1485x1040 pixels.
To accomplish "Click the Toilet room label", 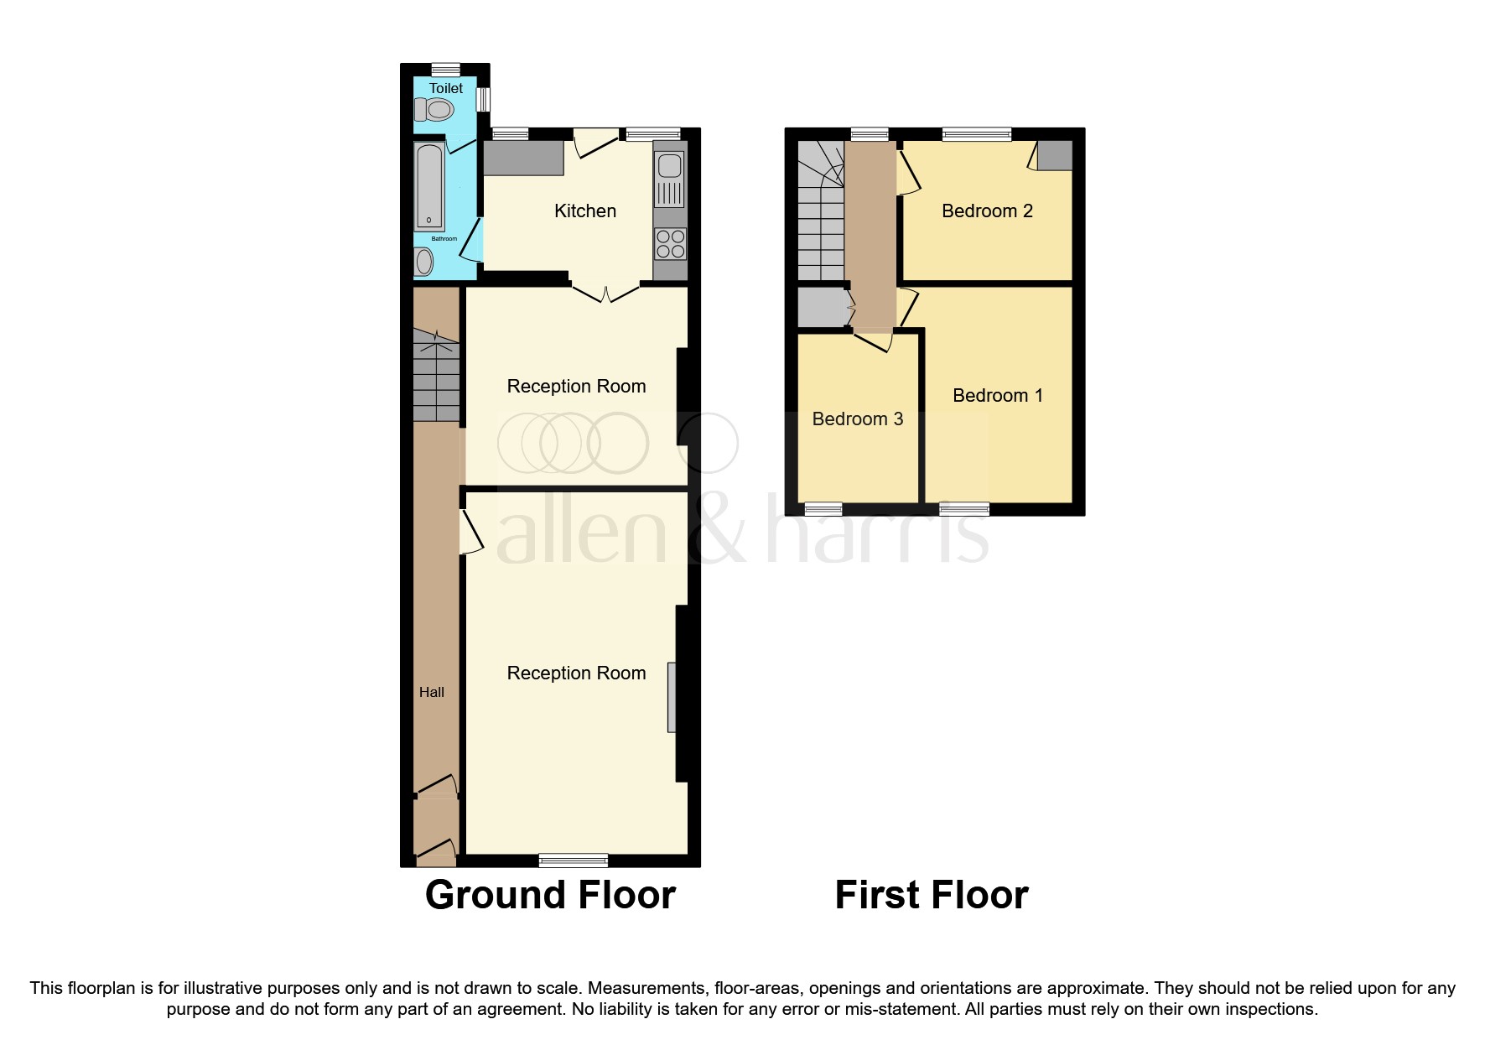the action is pos(446,88).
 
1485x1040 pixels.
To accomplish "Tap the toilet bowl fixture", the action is pos(434,109).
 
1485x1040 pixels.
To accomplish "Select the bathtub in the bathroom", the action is pos(429,187).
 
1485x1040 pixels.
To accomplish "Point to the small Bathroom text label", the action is pos(444,239).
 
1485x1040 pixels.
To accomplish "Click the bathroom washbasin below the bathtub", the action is pos(424,263).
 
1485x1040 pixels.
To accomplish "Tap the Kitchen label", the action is pos(585,211).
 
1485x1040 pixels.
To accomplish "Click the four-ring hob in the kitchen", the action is pos(670,244).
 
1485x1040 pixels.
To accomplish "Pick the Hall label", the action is pos(432,692).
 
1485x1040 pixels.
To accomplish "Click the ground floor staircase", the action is pos(437,374).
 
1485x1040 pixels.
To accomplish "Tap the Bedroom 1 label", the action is pos(998,396).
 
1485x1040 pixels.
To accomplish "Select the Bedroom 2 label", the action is pos(987,211).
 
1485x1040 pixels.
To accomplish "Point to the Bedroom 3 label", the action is pos(858,419).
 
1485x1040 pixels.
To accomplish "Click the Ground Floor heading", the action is pos(550,895).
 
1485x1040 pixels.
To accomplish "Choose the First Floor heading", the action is pos(932,895).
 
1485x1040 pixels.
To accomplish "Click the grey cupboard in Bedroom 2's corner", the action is pos(1055,155).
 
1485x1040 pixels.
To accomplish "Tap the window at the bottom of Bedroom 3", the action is pos(823,508).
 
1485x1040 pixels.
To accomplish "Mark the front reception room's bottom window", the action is pos(574,860).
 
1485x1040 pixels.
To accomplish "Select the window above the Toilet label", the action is pos(446,70).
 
